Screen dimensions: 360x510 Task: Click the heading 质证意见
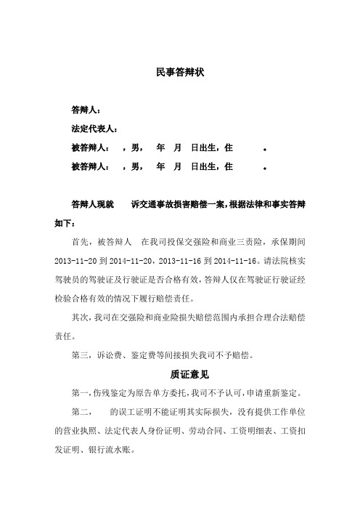180,376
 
